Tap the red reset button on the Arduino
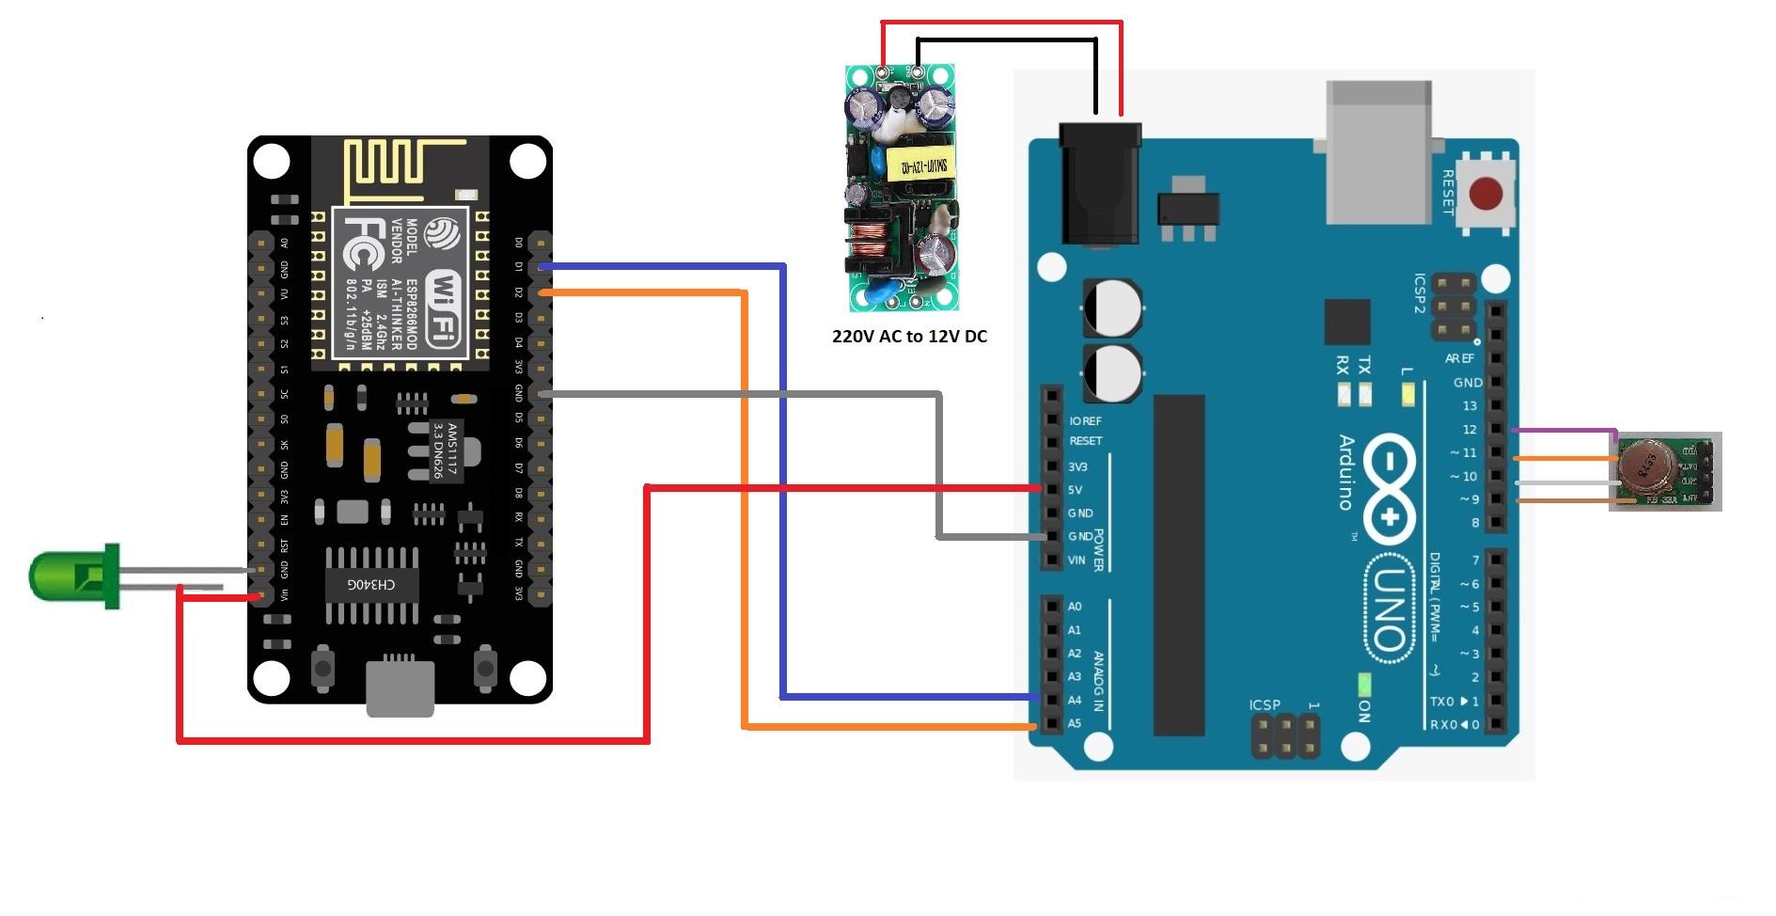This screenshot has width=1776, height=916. (1485, 194)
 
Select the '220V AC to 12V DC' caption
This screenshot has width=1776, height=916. (909, 337)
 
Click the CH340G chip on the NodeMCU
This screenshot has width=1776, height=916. (371, 584)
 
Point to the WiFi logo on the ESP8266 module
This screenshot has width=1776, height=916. (445, 308)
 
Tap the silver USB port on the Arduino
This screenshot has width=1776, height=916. (1378, 150)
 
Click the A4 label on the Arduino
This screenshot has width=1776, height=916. (1075, 700)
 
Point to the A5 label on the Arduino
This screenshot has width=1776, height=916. (1075, 723)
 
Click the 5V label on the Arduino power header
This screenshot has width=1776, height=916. (1076, 490)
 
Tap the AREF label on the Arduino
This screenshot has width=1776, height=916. (1459, 358)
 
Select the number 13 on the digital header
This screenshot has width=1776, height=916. (1469, 406)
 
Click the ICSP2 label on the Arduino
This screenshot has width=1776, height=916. (1420, 292)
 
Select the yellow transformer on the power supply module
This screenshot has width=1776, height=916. (924, 168)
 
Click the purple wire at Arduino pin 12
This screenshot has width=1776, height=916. (1561, 430)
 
